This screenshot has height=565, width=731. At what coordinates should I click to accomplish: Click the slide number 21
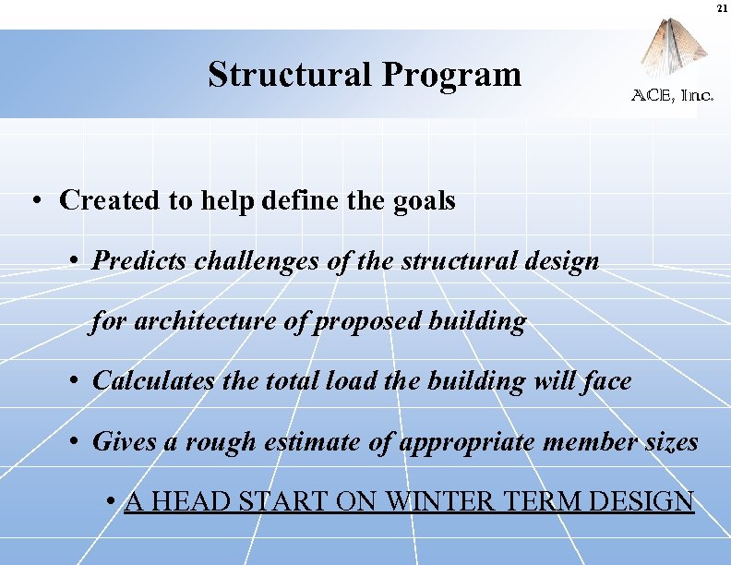tap(720, 8)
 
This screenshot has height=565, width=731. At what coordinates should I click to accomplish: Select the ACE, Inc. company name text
tap(672, 95)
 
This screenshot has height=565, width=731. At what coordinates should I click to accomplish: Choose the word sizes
tap(671, 441)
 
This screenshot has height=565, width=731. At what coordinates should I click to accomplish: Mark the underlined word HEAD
tap(190, 501)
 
